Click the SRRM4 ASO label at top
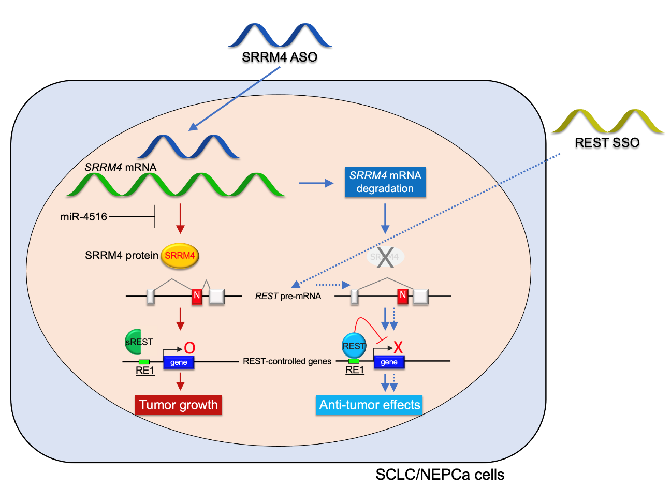pyautogui.click(x=280, y=57)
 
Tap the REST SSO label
pyautogui.click(x=607, y=142)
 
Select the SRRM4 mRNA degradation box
pyautogui.click(x=385, y=182)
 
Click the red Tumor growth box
pyautogui.click(x=179, y=405)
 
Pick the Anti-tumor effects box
pyautogui.click(x=370, y=405)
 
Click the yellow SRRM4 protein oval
pyautogui.click(x=180, y=256)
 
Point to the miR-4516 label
pyautogui.click(x=84, y=217)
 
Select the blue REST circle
pyautogui.click(x=354, y=346)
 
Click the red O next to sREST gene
pyautogui.click(x=189, y=348)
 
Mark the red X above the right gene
pyautogui.click(x=398, y=347)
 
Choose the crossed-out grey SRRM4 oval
pyautogui.click(x=385, y=257)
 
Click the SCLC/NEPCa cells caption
pyautogui.click(x=440, y=475)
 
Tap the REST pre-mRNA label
pyautogui.click(x=288, y=296)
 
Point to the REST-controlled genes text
pyautogui.click(x=287, y=361)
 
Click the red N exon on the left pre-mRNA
pyautogui.click(x=197, y=295)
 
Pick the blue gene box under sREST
pyautogui.click(x=179, y=362)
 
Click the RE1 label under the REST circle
pyautogui.click(x=355, y=370)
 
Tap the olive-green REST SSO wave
pyautogui.click(x=607, y=122)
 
